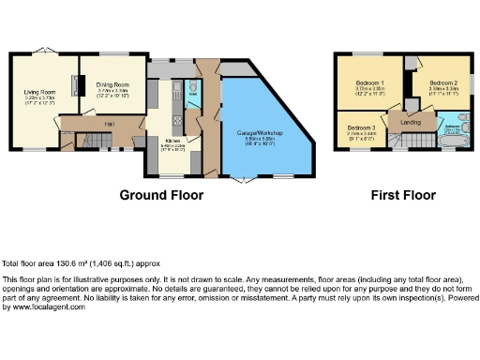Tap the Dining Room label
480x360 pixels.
[x=112, y=85]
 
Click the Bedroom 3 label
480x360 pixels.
[x=361, y=127]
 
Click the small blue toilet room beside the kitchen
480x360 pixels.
[x=190, y=93]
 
